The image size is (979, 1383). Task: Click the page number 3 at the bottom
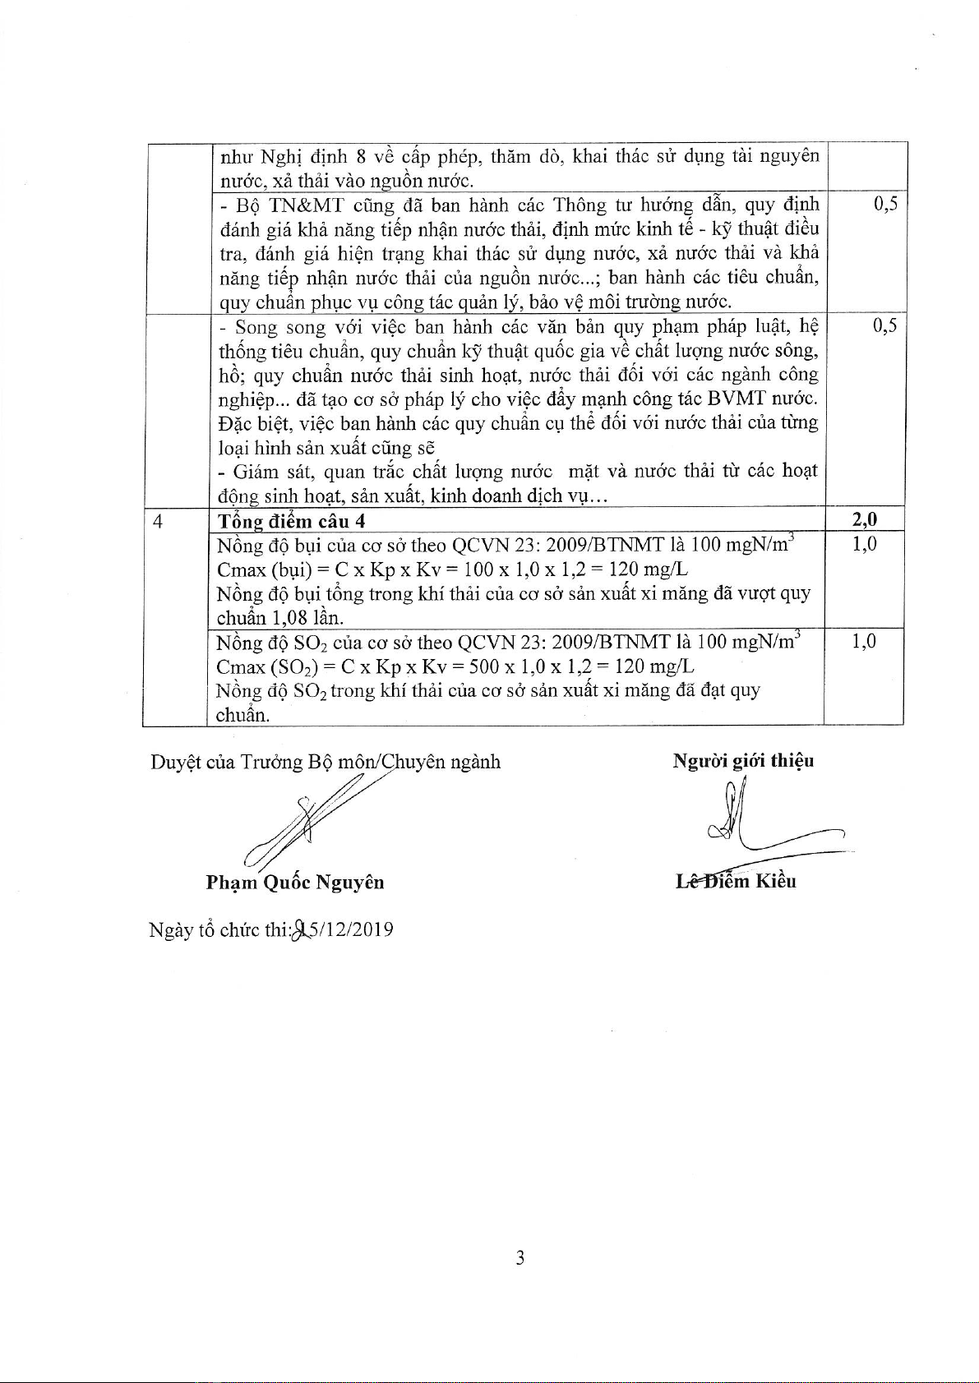520,1257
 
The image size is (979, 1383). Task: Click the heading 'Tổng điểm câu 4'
291,521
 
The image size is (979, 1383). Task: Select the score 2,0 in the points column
863,519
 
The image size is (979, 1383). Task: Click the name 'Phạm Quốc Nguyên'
295,883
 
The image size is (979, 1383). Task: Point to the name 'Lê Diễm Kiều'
736,881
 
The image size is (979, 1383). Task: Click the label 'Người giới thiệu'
743,760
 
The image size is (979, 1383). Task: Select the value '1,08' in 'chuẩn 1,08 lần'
289,617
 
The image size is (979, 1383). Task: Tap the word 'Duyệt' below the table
175,762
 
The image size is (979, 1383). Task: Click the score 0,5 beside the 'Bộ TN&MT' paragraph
885,205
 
